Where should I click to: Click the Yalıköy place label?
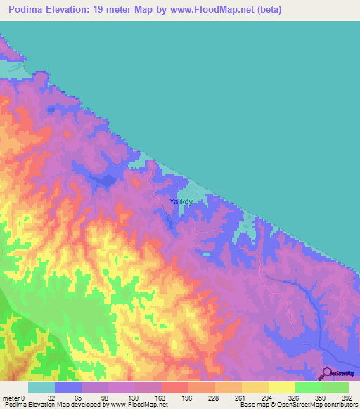coord(181,202)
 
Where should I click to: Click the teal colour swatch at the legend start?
coord(41,387)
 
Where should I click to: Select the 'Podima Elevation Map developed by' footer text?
coord(53,404)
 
